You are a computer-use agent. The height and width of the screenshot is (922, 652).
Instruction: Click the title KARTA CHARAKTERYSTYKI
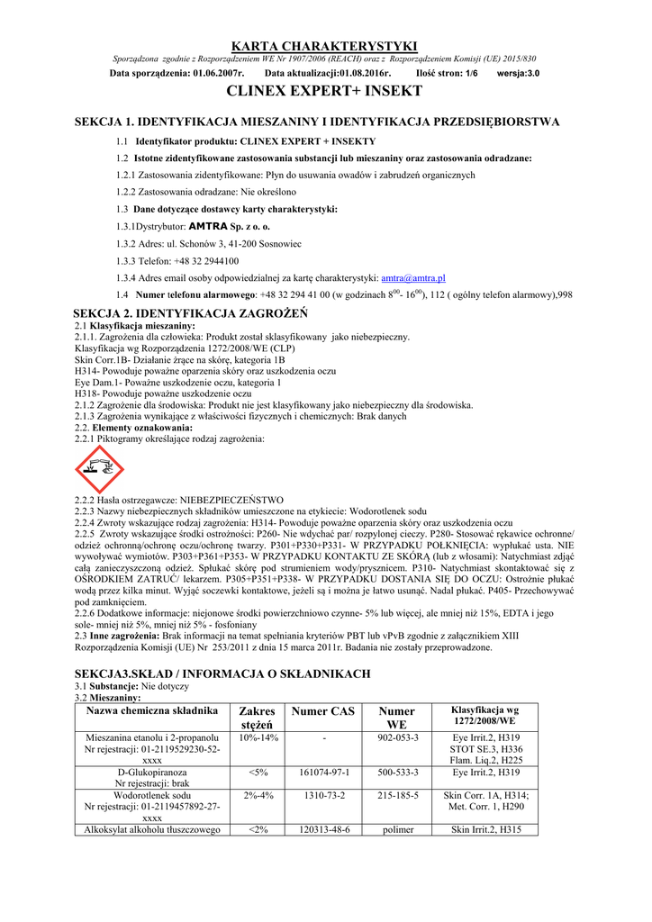[325, 45]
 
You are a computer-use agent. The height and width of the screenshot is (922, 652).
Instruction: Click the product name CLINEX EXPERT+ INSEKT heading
[325, 92]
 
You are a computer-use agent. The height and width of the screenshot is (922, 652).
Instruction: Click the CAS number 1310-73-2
[321, 796]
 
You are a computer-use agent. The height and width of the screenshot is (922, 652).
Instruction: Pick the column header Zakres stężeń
[257, 718]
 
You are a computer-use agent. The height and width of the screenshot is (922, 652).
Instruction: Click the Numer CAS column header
[322, 711]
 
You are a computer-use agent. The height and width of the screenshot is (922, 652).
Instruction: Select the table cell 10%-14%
[257, 737]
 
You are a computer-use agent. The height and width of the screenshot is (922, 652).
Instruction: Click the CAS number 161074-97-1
[321, 773]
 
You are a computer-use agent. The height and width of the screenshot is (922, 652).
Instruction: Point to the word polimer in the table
[397, 830]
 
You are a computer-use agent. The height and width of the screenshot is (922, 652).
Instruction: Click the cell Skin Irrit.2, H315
[486, 830]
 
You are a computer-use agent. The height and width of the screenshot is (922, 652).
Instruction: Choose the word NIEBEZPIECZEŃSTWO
[232, 499]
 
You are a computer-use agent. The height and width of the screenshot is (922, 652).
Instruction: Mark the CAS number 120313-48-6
[321, 830]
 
